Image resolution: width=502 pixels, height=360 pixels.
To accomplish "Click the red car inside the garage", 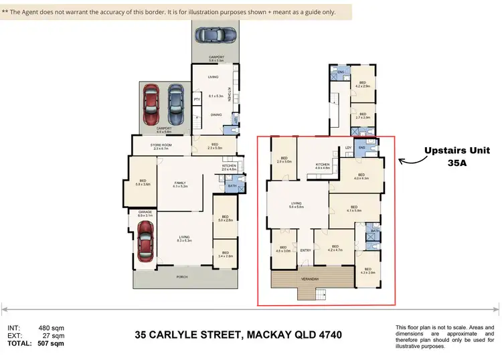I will (144, 243).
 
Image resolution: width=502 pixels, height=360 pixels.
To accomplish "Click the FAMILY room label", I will (179, 183).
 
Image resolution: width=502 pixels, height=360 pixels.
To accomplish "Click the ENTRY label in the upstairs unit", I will (306, 250).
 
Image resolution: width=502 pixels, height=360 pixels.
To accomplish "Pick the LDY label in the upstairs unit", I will (348, 147).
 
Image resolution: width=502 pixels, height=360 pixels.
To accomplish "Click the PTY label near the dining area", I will (197, 100).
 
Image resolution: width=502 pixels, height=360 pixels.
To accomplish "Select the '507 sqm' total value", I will (51, 344).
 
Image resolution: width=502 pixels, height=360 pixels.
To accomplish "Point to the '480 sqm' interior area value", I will (51, 328).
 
